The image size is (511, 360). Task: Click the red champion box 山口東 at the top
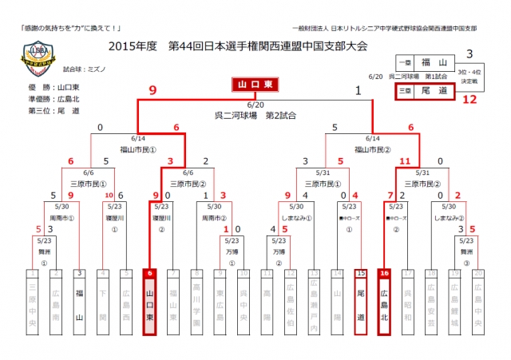(x=255, y=84)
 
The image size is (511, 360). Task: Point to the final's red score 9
(x=152, y=90)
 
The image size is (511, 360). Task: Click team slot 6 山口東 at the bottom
(x=149, y=299)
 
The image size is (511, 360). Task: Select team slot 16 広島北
(x=385, y=299)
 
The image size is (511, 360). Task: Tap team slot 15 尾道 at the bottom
(x=361, y=299)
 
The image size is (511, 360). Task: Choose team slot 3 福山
(x=79, y=299)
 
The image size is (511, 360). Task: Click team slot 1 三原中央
(x=32, y=299)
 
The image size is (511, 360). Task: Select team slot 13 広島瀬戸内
(x=314, y=299)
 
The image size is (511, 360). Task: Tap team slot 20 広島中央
(x=478, y=299)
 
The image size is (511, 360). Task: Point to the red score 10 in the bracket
(x=109, y=195)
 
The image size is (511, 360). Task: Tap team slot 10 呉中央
(x=244, y=299)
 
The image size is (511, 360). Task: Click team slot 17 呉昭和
(x=408, y=299)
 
